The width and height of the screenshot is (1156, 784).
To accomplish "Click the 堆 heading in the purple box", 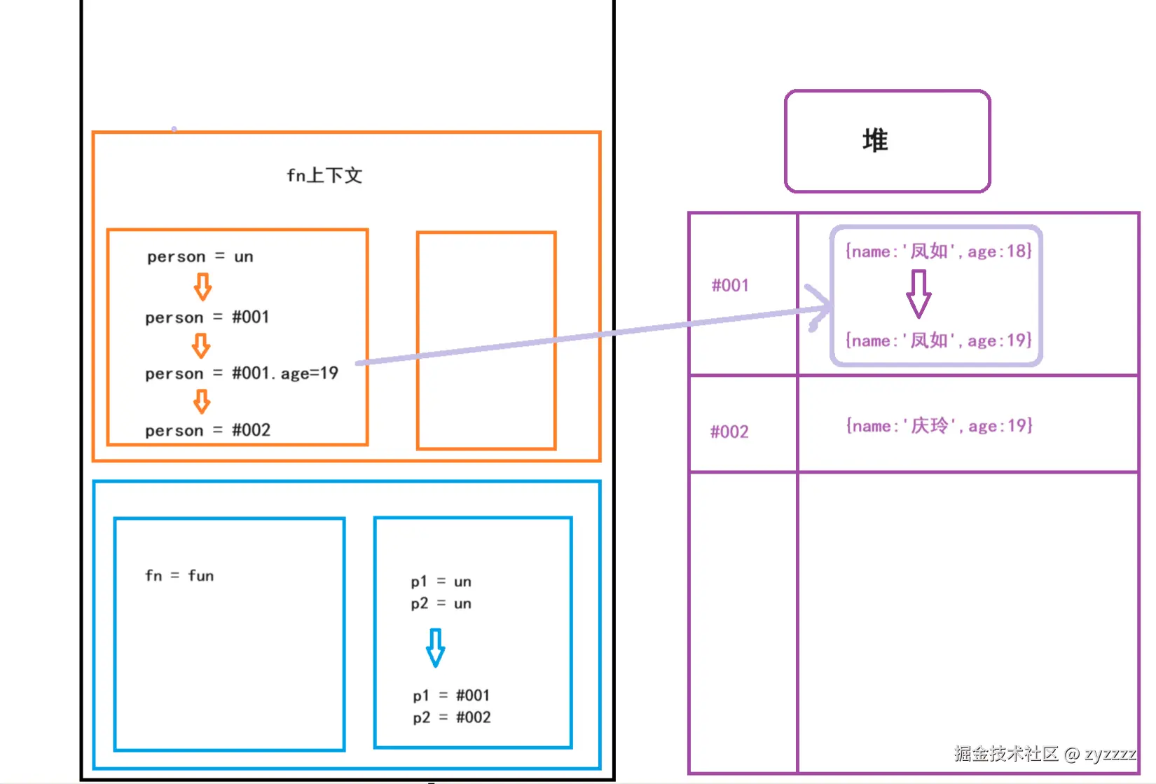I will point(875,141).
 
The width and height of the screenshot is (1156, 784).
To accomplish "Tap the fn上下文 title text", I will point(324,175).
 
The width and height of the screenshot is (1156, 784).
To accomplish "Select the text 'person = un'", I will point(200,256).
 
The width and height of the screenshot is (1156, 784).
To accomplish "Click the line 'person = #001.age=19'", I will point(242,373).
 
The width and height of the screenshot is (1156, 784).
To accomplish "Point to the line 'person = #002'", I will point(207,430).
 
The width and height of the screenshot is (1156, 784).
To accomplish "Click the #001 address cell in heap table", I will point(730,286).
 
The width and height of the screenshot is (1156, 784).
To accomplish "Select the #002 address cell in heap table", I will point(729,432).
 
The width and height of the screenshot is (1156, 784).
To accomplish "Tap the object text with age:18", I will point(938,252).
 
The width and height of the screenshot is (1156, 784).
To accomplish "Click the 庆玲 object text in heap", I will point(939,426).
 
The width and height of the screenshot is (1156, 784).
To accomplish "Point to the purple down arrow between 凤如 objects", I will point(918,294).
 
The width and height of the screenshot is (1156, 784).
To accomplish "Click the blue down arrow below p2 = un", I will point(435,647).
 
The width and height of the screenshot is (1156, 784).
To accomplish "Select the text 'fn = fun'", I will point(179,576).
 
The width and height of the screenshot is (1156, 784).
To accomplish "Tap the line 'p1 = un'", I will point(441,582).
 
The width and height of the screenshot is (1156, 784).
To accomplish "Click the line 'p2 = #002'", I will point(452,717).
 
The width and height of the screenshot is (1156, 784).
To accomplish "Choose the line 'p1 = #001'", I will point(451,696).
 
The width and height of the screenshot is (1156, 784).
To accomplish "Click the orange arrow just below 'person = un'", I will point(202,287).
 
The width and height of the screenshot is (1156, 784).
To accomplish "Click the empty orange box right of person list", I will point(486,341).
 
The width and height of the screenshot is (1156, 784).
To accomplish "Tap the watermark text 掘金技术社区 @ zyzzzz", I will point(1044,754).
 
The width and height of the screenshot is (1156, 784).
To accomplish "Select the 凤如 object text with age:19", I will point(938,341).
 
